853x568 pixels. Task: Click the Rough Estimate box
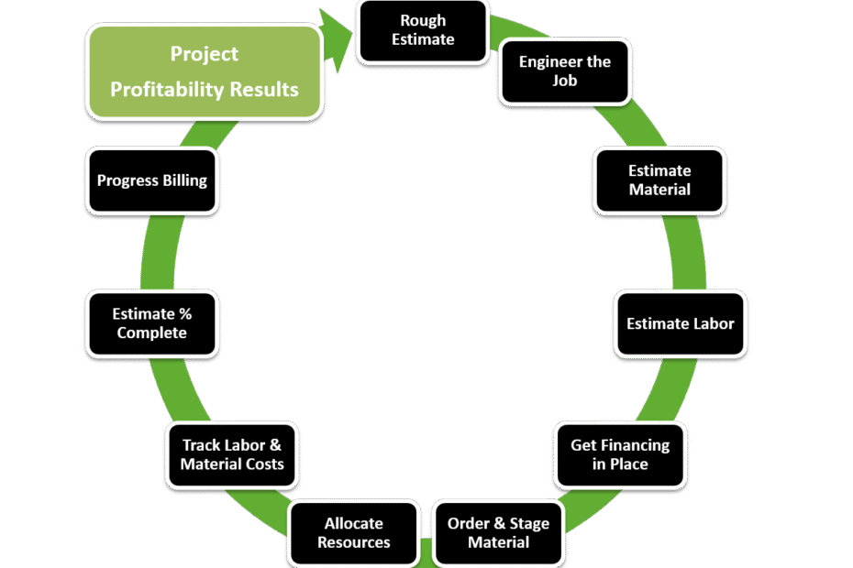[423, 30]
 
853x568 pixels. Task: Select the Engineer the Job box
[564, 71]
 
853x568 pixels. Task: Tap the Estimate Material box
[659, 180]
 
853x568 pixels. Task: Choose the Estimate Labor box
[680, 323]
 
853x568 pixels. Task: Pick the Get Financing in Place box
[620, 454]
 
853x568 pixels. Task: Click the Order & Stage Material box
[498, 532]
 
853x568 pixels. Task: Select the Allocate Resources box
[353, 532]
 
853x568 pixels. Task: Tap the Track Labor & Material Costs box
[231, 454]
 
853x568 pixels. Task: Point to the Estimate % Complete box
[151, 323]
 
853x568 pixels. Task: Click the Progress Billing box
[151, 180]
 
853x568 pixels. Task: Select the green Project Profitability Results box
[204, 71]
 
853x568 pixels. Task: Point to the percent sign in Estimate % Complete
[184, 314]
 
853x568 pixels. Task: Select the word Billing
[183, 180]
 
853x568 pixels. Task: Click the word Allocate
[353, 523]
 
